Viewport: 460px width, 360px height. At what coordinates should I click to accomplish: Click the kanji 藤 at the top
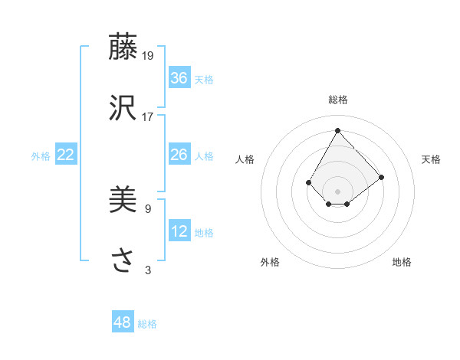coord(123,47)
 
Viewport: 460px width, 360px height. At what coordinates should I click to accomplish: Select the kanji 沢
coord(123,108)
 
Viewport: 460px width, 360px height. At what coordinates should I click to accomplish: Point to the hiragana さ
coord(123,261)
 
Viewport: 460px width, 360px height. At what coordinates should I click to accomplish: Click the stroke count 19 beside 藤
coord(148,55)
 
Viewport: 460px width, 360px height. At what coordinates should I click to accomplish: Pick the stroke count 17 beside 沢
coord(148,116)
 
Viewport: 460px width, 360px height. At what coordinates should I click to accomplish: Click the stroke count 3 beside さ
coord(148,270)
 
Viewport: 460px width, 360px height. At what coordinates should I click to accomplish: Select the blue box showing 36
coord(179,78)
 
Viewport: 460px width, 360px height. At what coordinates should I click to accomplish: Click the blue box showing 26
coord(179,155)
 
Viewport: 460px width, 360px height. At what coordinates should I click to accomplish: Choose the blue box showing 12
coord(179,231)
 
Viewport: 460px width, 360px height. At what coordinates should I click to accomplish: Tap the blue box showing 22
coord(66,155)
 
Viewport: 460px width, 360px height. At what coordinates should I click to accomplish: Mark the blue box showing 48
coord(123,322)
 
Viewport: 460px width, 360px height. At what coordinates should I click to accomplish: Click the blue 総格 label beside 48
coord(147,324)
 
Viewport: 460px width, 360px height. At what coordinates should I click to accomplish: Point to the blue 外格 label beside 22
coord(41,156)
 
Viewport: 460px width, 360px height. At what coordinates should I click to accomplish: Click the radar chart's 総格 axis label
coord(337,100)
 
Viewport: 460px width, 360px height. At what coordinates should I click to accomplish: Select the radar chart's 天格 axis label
coord(431,159)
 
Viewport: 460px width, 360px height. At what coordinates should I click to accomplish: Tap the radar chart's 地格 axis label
coord(402,262)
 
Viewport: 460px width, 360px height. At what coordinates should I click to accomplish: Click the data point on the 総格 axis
coord(337,130)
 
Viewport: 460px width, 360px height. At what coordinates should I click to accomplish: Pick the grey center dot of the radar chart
coord(337,191)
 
